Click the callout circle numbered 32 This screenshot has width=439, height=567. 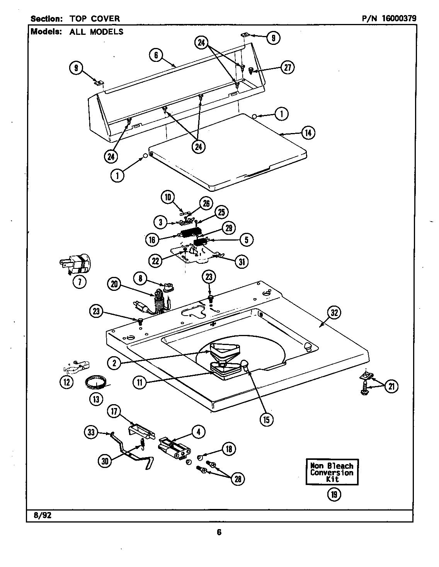pyautogui.click(x=334, y=313)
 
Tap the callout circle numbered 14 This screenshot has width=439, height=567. pyautogui.click(x=308, y=133)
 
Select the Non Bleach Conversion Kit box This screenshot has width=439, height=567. pyautogui.click(x=332, y=472)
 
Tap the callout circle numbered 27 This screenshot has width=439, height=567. pyautogui.click(x=287, y=67)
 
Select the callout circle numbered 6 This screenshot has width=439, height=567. pyautogui.click(x=156, y=55)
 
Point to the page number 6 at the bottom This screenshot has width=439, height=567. pyautogui.click(x=219, y=533)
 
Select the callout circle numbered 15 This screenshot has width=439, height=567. pyautogui.click(x=267, y=419)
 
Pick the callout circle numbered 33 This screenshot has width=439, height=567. pyautogui.click(x=91, y=433)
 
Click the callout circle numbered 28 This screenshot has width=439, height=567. pyautogui.click(x=238, y=479)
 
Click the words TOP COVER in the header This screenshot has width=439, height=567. pyautogui.click(x=94, y=18)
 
